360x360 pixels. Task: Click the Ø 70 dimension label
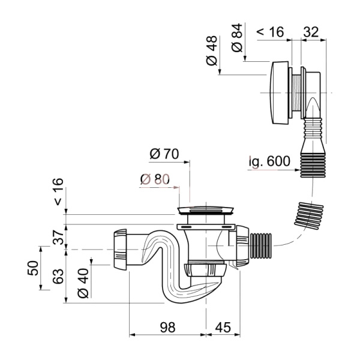pyautogui.click(x=164, y=154)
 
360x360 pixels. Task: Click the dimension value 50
pyautogui.click(x=34, y=266)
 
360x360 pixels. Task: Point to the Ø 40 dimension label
pyautogui.click(x=83, y=283)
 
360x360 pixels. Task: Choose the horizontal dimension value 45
pyautogui.click(x=223, y=327)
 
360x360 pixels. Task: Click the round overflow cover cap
pyautogui.click(x=277, y=92)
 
